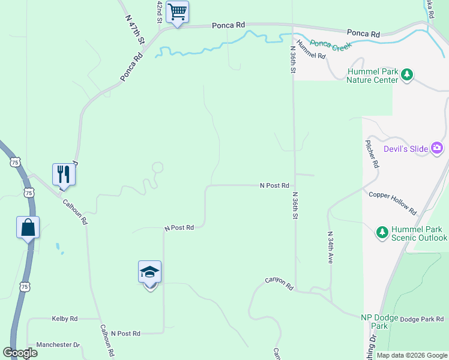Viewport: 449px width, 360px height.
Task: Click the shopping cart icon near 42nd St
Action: click(178, 12)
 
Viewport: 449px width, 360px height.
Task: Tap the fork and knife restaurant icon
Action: click(64, 175)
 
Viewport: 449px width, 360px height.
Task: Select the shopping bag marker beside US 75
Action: click(28, 227)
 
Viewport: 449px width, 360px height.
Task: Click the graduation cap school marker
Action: click(149, 272)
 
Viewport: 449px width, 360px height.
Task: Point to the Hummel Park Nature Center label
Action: click(373, 76)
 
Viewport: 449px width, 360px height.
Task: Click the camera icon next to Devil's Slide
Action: click(437, 148)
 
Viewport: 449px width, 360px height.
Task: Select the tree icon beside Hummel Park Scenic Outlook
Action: click(382, 232)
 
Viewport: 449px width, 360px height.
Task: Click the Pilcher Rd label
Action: click(372, 154)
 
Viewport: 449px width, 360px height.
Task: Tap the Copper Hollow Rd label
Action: click(393, 203)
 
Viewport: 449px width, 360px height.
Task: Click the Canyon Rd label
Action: click(279, 284)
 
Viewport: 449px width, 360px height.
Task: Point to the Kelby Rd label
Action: click(65, 319)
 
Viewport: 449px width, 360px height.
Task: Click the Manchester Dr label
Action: click(58, 345)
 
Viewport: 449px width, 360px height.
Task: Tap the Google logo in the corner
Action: click(20, 353)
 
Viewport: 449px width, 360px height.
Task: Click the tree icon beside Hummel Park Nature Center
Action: click(408, 74)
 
